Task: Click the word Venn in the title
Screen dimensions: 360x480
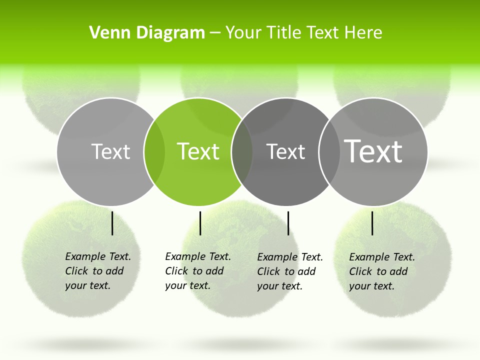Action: point(106,33)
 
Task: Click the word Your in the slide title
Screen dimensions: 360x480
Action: point(243,33)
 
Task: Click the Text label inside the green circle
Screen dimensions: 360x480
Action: point(198,151)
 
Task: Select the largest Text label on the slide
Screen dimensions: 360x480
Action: point(373,151)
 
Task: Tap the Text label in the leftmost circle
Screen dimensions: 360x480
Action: point(110,151)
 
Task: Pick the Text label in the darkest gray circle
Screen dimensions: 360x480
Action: point(285,151)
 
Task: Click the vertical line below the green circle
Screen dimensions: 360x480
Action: point(200,223)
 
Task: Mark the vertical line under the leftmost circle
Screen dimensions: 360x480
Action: point(112,223)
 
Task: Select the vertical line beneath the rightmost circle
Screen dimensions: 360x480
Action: point(372,223)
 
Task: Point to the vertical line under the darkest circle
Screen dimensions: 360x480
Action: point(288,223)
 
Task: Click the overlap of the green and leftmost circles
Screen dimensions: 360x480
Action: point(154,151)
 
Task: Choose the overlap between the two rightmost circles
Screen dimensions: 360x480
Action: point(328,151)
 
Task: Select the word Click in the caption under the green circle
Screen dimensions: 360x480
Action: point(176,271)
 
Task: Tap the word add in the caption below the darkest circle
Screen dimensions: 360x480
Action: point(305,271)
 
